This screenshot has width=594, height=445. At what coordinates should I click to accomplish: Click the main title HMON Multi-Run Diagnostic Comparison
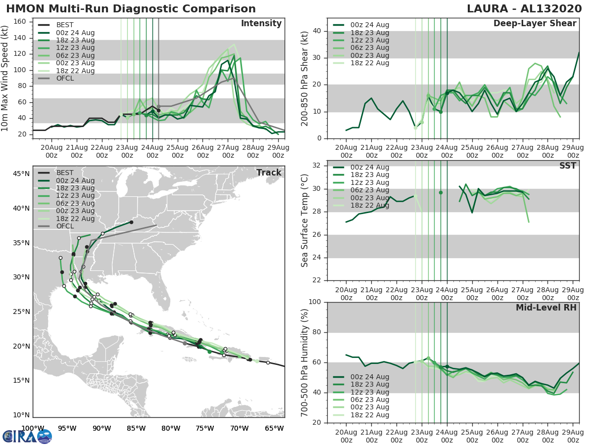pyautogui.click(x=131, y=9)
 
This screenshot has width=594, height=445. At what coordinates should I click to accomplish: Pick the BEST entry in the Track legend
pyautogui.click(x=65, y=173)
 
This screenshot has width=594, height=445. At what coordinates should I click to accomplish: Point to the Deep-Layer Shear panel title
pyautogui.click(x=535, y=24)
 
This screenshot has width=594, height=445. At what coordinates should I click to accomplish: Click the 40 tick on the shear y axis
pyautogui.click(x=317, y=31)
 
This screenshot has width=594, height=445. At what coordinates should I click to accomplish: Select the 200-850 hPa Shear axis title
pyautogui.click(x=305, y=78)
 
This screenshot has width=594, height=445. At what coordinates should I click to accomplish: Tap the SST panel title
pyautogui.click(x=568, y=166)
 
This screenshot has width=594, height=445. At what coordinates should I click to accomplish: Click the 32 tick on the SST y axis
pyautogui.click(x=317, y=166)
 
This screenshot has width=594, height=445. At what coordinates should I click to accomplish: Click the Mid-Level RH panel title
pyautogui.click(x=545, y=308)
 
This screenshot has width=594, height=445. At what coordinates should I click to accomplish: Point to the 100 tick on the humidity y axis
pyautogui.click(x=315, y=302)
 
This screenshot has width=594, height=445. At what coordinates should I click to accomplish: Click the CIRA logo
pyautogui.click(x=27, y=436)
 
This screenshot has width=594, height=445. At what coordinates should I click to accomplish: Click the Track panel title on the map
pyautogui.click(x=268, y=173)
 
